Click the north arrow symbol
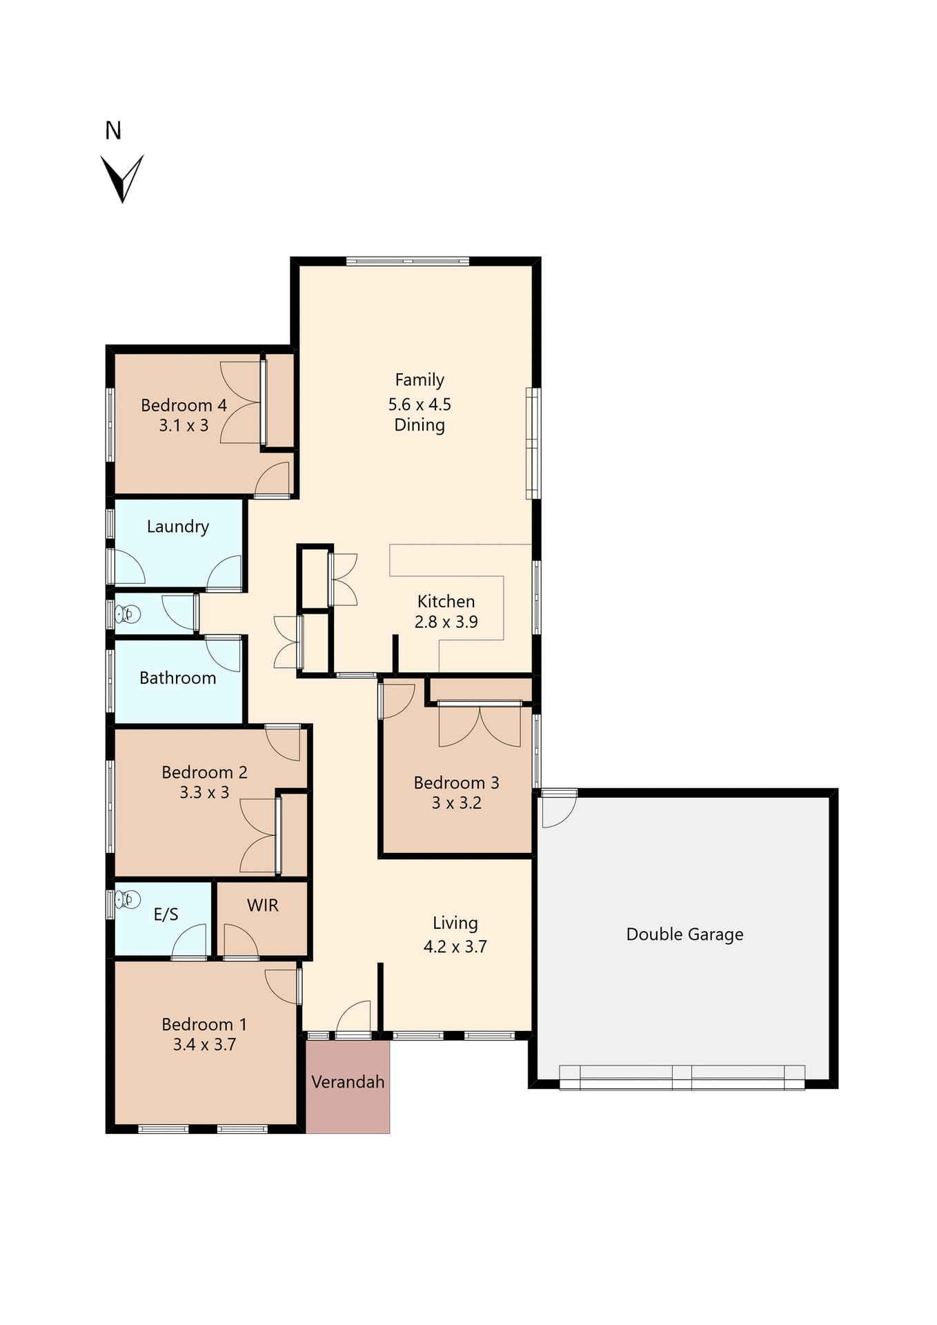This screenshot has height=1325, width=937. (x=122, y=178)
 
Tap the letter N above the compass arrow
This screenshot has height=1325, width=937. (x=113, y=131)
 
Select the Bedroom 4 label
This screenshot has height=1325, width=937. (x=184, y=405)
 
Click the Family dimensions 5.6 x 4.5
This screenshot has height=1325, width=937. (x=420, y=404)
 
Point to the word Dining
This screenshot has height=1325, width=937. (x=420, y=425)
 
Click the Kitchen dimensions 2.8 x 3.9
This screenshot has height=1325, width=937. (x=446, y=622)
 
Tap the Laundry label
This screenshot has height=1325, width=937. (x=178, y=527)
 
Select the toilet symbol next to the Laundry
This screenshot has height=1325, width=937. (x=128, y=614)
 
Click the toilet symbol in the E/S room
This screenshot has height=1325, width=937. (x=128, y=899)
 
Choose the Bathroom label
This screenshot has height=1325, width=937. (x=178, y=678)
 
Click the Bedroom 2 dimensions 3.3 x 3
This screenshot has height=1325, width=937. (x=204, y=792)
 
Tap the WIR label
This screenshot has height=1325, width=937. (x=263, y=905)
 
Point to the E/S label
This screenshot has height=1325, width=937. (x=166, y=914)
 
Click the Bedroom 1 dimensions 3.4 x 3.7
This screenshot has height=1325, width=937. (x=204, y=1044)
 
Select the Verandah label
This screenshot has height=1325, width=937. (x=348, y=1081)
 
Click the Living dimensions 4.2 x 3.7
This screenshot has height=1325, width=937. (x=455, y=946)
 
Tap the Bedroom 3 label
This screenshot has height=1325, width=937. (x=456, y=783)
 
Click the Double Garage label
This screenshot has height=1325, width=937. (x=684, y=934)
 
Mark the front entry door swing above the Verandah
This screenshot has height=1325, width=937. (x=354, y=1019)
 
